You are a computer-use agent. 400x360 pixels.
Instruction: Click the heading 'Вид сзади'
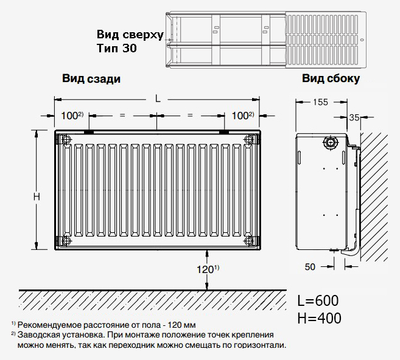coord(91,78)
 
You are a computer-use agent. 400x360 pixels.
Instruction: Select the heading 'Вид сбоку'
coord(331,78)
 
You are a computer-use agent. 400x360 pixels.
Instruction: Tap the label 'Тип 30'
coord(116,48)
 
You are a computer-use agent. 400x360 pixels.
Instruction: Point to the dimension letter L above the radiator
coord(158,99)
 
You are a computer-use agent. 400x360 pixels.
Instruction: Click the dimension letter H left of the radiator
coord(37,196)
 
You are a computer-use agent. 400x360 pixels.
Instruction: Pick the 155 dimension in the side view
coord(320,102)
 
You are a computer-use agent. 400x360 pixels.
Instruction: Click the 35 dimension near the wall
coord(354,117)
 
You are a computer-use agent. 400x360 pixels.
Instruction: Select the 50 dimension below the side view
coord(310,267)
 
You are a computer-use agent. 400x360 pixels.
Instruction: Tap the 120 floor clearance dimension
coord(205,269)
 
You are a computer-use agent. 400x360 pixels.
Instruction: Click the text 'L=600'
coord(318,300)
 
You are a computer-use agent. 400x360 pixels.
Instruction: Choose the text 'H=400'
coord(319,318)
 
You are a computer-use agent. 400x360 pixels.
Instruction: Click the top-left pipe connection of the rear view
coord(66,139)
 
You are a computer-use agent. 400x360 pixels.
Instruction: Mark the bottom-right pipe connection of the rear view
coord(249,240)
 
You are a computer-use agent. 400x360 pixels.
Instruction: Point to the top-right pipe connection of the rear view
coord(249,139)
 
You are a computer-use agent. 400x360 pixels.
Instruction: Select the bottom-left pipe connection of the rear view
coord(66,240)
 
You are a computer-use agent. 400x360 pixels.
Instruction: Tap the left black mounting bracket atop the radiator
coord(89,132)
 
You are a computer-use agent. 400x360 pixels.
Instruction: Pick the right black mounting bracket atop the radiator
coord(224,132)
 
